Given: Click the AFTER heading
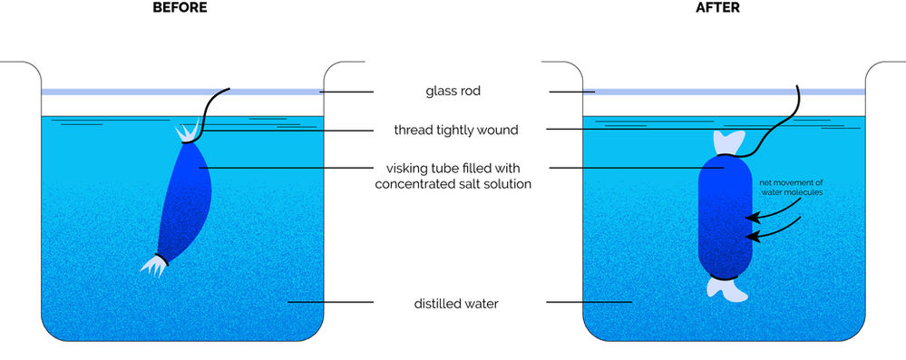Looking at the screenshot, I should click(726, 7).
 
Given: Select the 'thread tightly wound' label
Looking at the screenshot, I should click(455, 130).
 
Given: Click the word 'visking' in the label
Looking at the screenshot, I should click(408, 168).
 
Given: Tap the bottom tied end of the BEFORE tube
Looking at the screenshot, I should click(154, 264).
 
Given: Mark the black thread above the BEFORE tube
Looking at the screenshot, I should click(214, 104).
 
